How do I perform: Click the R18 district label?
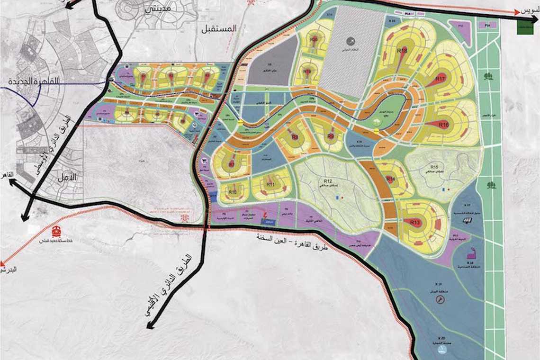pyautogui.click(x=403, y=51)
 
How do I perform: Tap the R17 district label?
pyautogui.click(x=441, y=78)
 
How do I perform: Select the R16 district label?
pyautogui.click(x=443, y=125)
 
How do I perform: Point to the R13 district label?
pyautogui.click(x=415, y=222)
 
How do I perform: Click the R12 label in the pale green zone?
pyautogui.click(x=327, y=181)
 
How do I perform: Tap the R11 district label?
pyautogui.click(x=271, y=184)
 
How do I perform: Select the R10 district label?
pyautogui.click(x=233, y=192)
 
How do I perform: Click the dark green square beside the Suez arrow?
pyautogui.click(x=525, y=27)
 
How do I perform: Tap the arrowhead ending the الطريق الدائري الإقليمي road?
pyautogui.click(x=150, y=325)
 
